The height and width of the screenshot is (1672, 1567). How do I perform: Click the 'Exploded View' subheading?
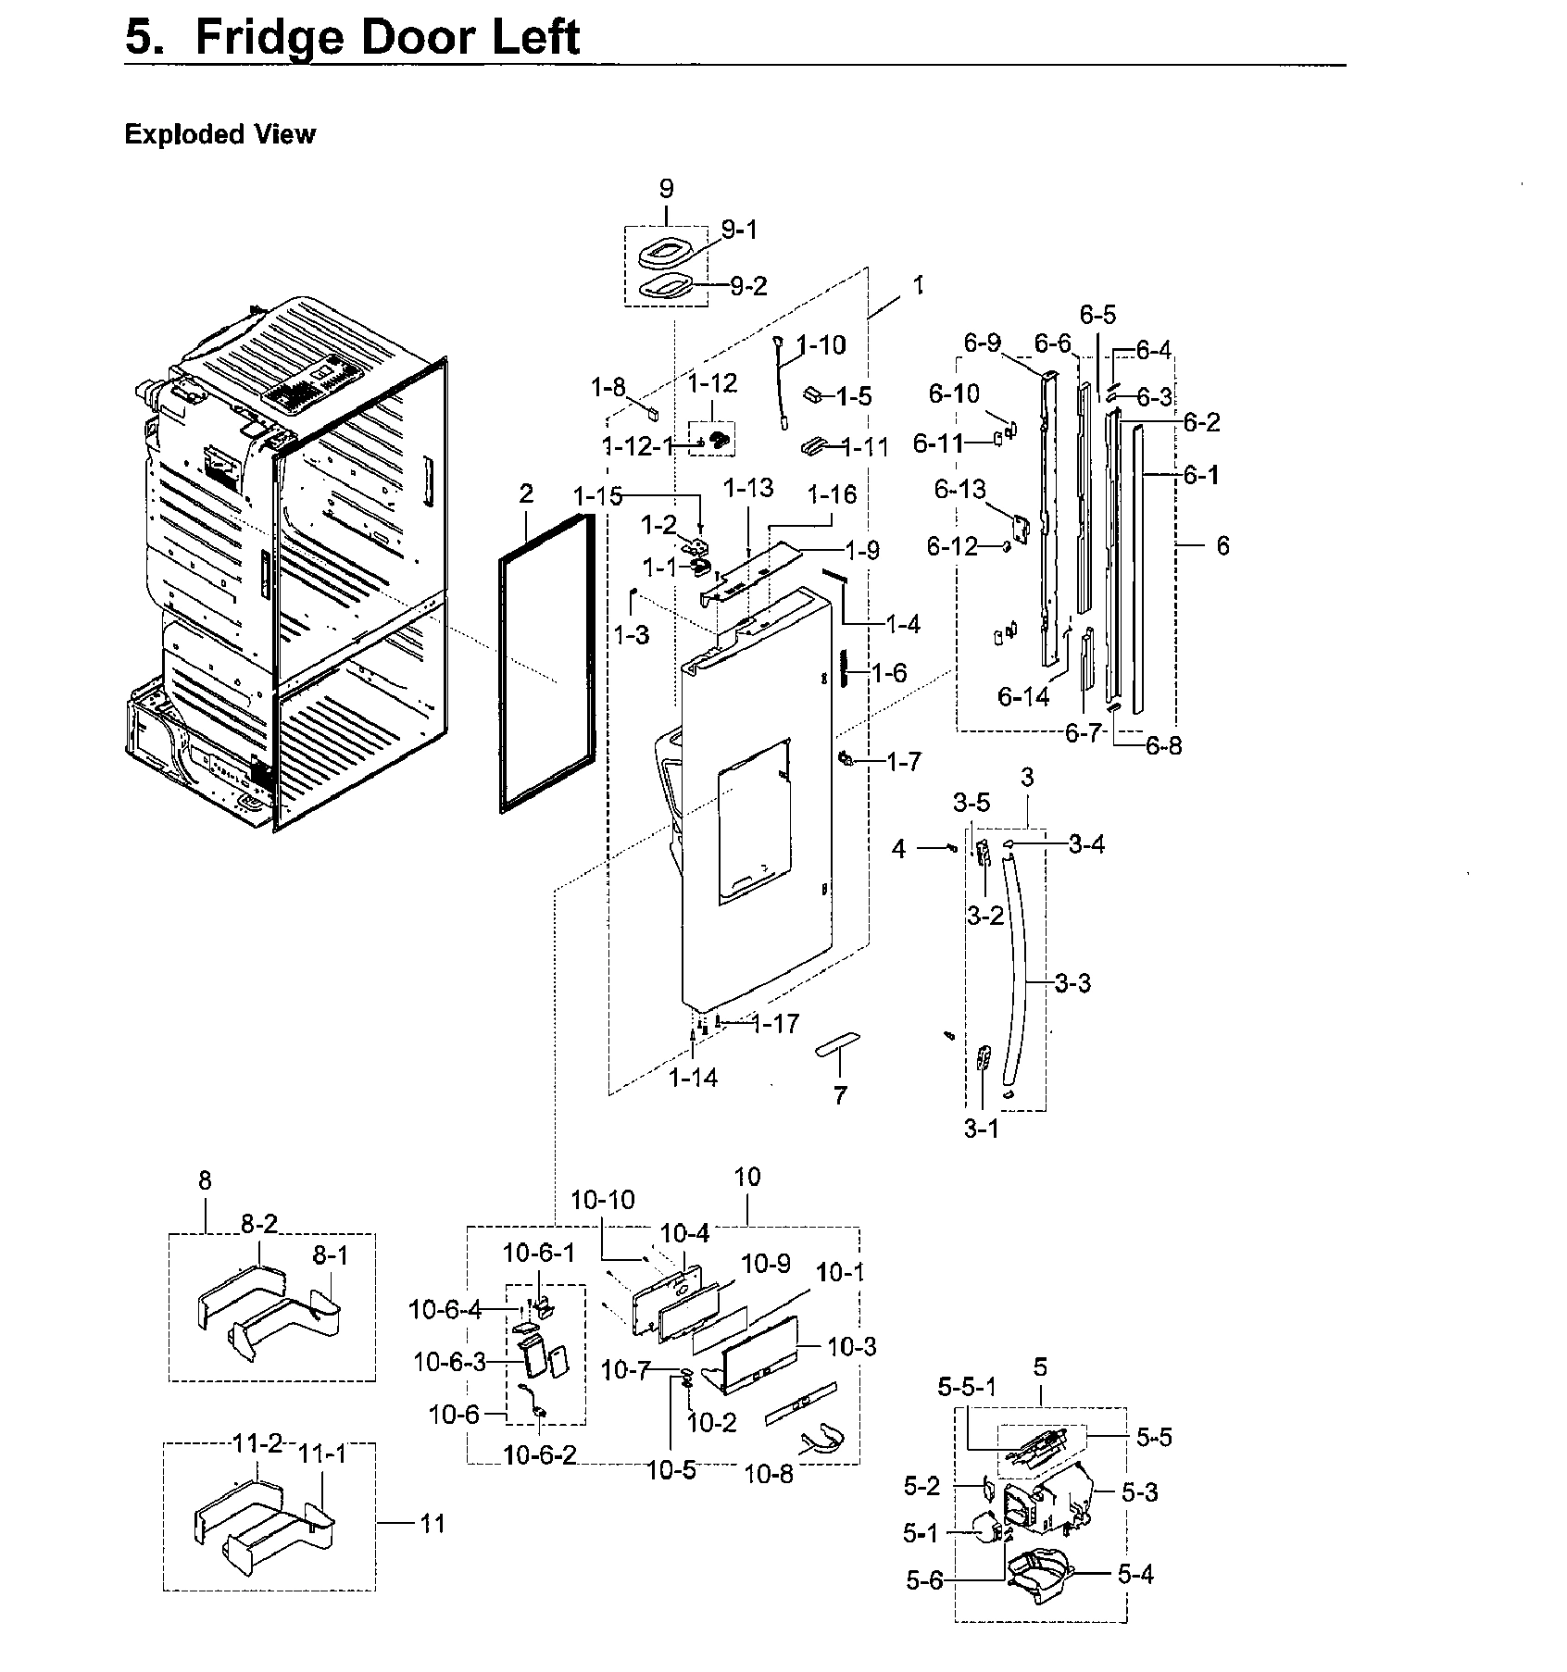click(219, 135)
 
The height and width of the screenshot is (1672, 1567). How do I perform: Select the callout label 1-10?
click(821, 345)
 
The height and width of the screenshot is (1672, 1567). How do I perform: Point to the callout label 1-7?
click(904, 762)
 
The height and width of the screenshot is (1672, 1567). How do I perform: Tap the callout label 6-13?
click(960, 489)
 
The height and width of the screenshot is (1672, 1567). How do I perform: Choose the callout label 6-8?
click(1163, 745)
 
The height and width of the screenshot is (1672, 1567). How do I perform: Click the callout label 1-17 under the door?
click(775, 1024)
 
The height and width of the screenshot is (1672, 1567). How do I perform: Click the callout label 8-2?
click(258, 1225)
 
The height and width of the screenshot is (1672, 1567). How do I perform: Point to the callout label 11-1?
click(321, 1454)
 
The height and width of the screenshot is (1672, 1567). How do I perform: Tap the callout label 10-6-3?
click(449, 1362)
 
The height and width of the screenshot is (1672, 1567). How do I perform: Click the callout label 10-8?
click(769, 1474)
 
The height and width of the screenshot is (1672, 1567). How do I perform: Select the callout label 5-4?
click(1135, 1574)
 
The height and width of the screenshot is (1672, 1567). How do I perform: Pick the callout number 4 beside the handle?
click(898, 848)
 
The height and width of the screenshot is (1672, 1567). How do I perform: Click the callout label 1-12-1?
click(638, 446)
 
